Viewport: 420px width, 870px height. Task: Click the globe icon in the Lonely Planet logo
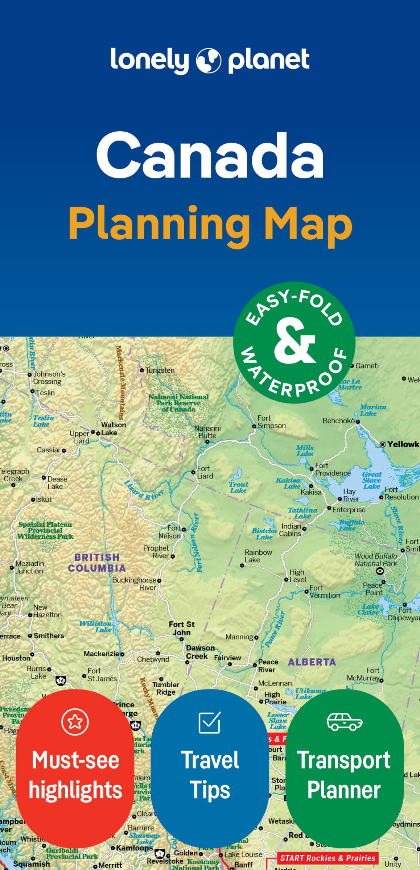[x=209, y=60]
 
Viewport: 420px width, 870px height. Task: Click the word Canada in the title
[x=210, y=154]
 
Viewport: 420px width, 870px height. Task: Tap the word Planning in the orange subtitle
[x=159, y=224]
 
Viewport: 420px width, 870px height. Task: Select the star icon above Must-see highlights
[x=75, y=722]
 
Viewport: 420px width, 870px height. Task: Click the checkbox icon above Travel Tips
[x=210, y=722]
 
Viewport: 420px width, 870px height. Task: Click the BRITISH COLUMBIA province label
[x=96, y=562]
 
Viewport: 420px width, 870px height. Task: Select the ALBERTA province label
[x=312, y=662]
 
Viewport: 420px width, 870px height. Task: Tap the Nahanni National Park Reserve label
[x=178, y=403]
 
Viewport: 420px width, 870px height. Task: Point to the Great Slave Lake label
[x=372, y=480]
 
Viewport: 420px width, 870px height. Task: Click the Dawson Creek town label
[x=200, y=652]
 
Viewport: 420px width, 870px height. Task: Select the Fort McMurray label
[x=363, y=674]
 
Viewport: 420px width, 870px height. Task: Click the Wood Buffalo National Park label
[x=376, y=560]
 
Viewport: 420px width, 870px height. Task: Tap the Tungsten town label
[x=160, y=370]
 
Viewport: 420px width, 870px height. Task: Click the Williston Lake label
[x=95, y=626]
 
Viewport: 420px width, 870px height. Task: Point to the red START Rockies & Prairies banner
[x=328, y=858]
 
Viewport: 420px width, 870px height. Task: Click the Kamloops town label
[x=134, y=848]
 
